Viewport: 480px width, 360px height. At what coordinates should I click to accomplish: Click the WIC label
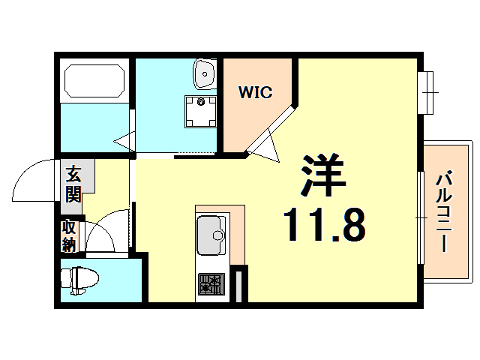coord(255,93)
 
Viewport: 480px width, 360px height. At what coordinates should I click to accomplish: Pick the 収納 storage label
coord(69,235)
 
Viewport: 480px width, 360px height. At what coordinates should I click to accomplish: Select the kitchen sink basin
coord(210,233)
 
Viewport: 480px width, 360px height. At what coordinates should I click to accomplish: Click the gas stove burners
coord(211,284)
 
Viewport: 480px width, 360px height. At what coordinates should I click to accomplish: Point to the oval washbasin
coord(203,72)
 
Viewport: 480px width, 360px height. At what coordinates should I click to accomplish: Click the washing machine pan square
coord(201,109)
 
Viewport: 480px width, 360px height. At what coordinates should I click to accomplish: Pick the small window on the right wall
coord(428,91)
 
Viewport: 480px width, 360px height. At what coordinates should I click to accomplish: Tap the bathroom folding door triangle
coord(124,141)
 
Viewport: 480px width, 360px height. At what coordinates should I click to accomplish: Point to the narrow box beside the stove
coord(238,284)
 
